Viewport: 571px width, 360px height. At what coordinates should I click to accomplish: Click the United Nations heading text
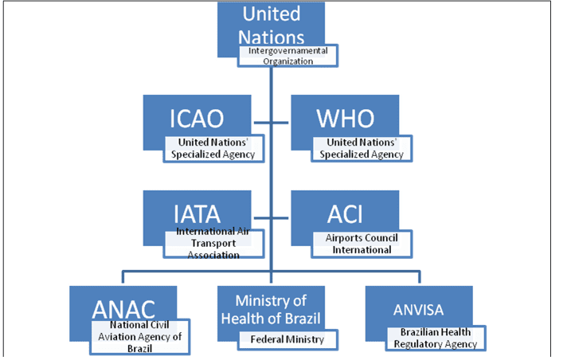coord(272,25)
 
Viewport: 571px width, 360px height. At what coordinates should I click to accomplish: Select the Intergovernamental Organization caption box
coord(287,56)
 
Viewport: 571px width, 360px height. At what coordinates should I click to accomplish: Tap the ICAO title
coord(197,119)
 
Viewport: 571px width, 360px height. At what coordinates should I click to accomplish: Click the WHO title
coord(345,119)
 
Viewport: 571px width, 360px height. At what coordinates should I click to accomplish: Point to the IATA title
coord(197,214)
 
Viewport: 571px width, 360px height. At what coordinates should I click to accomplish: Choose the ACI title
coord(345,214)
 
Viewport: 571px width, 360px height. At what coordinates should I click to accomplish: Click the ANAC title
coord(123,310)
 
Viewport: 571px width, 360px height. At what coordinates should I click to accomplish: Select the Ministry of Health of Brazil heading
coord(271,310)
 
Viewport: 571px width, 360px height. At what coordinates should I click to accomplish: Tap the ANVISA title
coord(418,310)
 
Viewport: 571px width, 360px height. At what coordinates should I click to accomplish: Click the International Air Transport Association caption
coord(213,244)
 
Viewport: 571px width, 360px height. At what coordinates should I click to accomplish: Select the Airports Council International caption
coord(362,244)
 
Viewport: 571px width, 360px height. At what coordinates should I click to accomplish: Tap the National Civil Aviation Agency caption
coord(140,337)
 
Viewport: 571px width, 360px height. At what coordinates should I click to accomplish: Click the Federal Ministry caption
coord(287,339)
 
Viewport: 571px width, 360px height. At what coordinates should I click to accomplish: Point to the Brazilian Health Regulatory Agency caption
coord(436,338)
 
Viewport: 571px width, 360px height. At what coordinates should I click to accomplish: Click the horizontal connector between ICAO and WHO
coord(271,123)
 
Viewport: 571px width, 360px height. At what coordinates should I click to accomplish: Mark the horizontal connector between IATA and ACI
coord(271,218)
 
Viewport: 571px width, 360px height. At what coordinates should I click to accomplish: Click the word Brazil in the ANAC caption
coord(140,349)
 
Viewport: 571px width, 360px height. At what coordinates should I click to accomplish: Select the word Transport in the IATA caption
coord(213,244)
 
